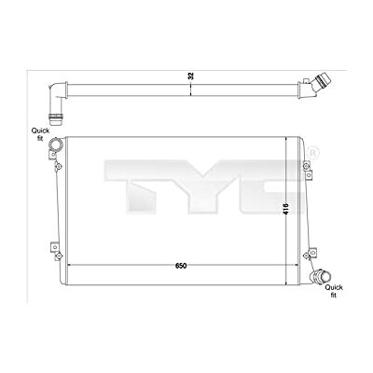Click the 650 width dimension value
181,266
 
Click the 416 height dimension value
286,209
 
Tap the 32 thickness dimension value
191,76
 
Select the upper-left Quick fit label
40,134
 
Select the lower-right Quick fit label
334,291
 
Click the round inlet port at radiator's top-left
56,145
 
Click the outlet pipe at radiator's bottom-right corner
320,276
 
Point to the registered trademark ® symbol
313,153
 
